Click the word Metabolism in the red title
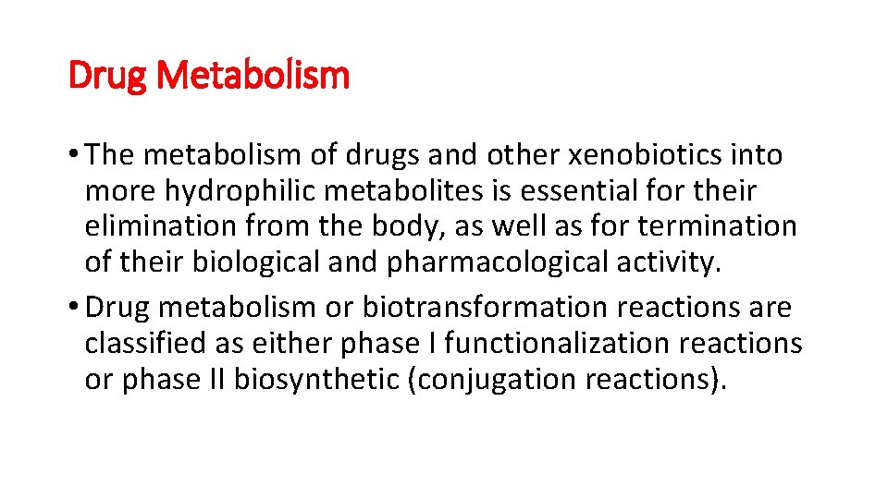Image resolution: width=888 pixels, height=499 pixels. coord(253,75)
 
